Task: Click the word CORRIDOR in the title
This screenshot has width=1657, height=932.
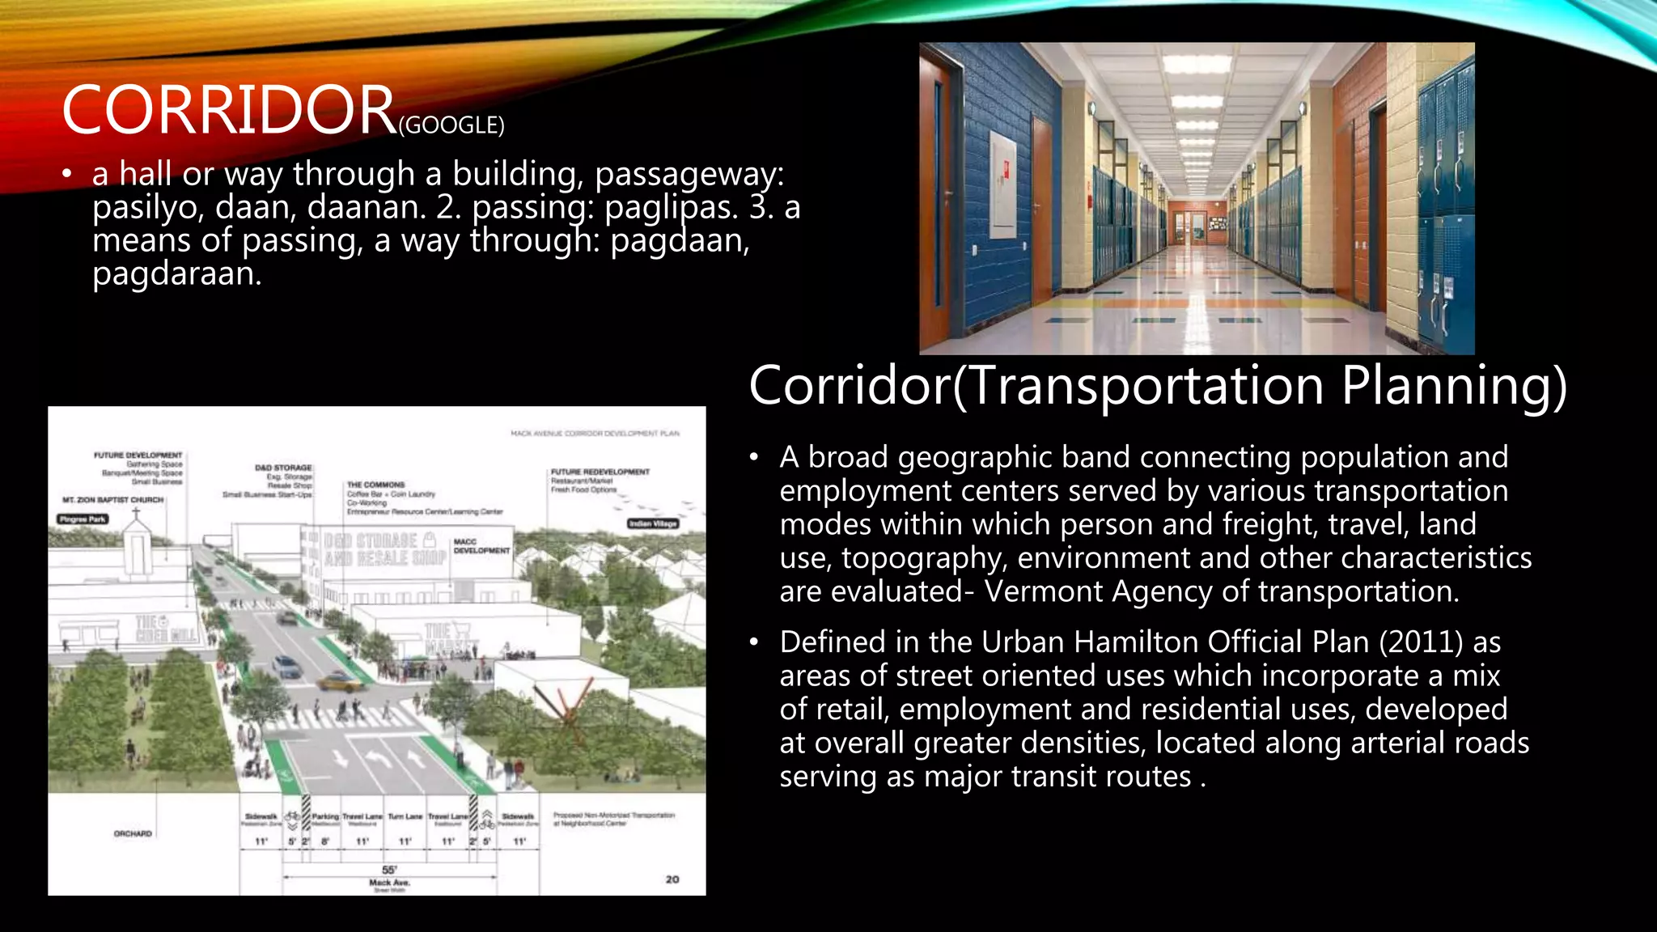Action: (228, 111)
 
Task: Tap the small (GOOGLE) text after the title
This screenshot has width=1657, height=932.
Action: (451, 125)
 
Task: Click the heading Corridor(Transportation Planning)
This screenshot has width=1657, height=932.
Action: (1157, 386)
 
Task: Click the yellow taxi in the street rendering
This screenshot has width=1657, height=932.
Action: (340, 682)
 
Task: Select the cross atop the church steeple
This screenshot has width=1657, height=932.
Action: (136, 512)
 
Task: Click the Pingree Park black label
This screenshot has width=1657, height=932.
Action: (83, 519)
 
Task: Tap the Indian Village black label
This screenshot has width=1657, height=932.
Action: (653, 523)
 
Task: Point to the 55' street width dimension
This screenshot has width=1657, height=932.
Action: (389, 870)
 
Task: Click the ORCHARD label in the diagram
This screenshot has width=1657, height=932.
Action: (133, 833)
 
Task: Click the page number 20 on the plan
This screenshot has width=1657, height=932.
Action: (672, 879)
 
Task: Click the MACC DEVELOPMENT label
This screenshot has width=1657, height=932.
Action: (481, 546)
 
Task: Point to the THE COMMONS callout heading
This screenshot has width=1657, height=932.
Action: (375, 485)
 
